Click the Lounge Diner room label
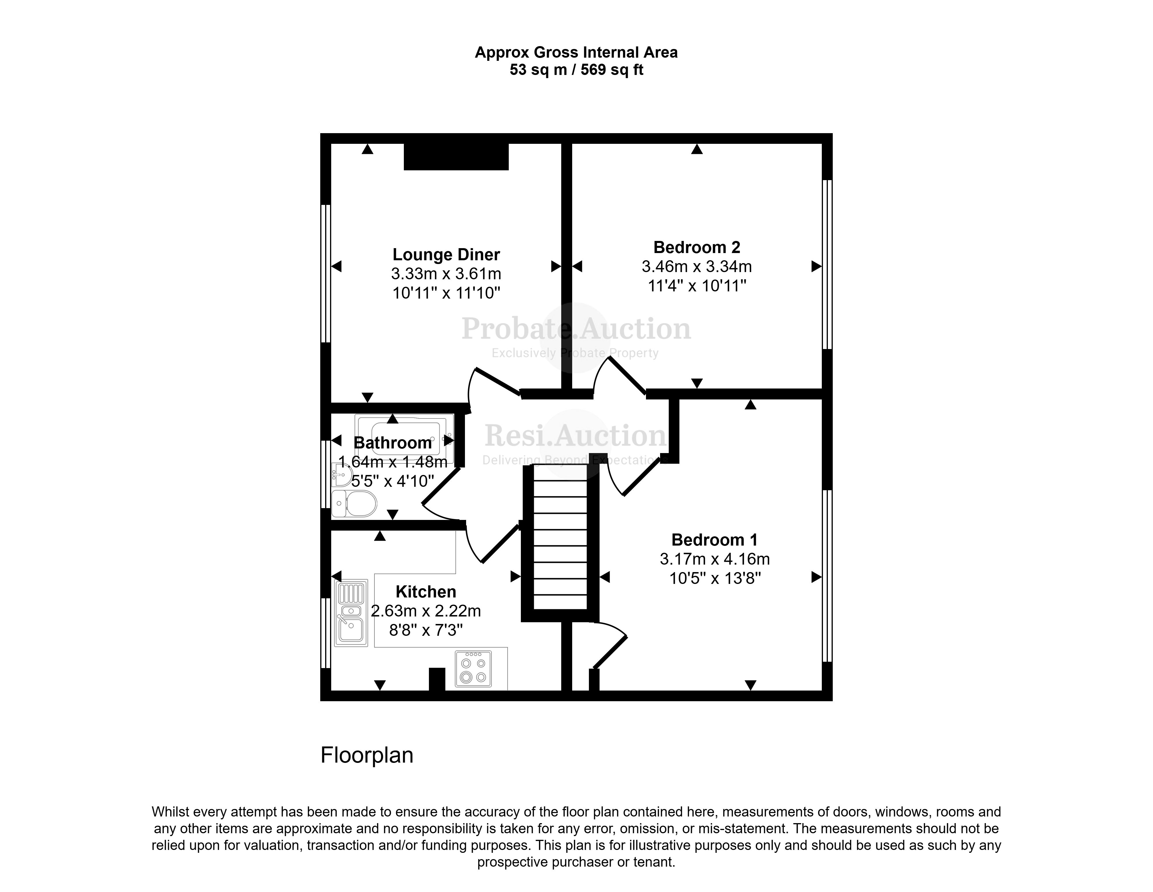click(x=446, y=254)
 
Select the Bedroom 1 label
click(x=714, y=540)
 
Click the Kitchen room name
click(x=425, y=591)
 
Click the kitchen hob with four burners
click(x=473, y=669)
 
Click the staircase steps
click(x=560, y=544)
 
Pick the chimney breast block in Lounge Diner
click(x=456, y=156)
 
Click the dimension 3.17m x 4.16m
click(x=714, y=559)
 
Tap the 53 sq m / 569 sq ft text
click(x=576, y=70)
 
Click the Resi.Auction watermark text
click(x=575, y=435)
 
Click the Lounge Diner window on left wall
click(x=326, y=274)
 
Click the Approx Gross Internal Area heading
click(x=576, y=52)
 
